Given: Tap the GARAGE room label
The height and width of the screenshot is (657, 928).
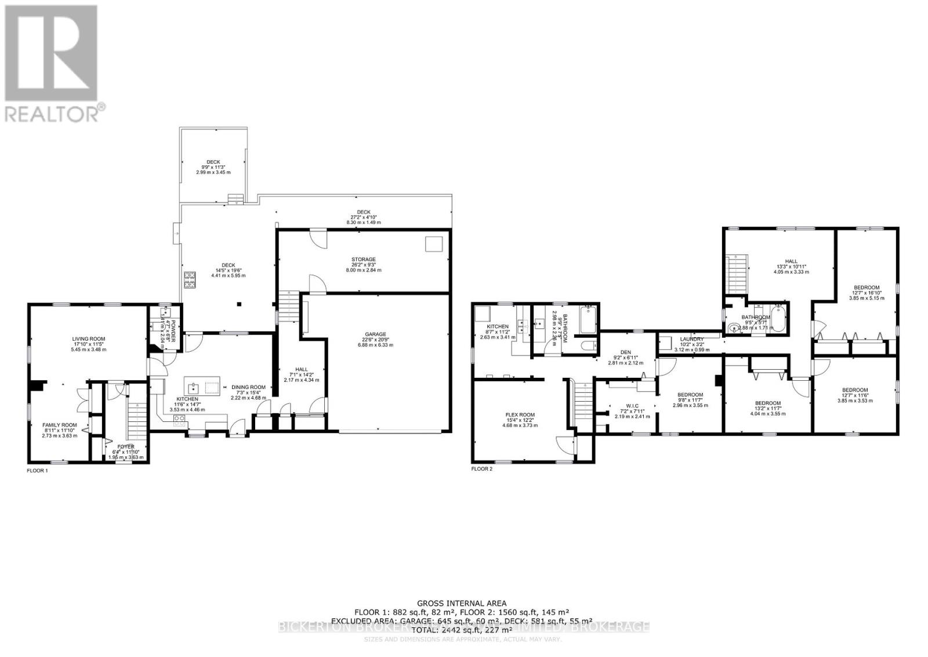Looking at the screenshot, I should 375,334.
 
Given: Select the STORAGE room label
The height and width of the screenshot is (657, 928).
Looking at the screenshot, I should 364,259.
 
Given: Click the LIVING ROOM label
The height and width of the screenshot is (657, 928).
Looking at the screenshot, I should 89,338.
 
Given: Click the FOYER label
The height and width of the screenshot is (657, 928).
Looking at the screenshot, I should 126,446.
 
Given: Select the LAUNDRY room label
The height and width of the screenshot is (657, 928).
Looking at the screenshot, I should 692,339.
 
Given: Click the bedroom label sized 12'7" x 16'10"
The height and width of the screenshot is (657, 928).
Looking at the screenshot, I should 865,287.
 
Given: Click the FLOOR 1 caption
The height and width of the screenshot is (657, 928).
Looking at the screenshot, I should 37,471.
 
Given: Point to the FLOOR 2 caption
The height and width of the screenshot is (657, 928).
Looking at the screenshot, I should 481,468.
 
